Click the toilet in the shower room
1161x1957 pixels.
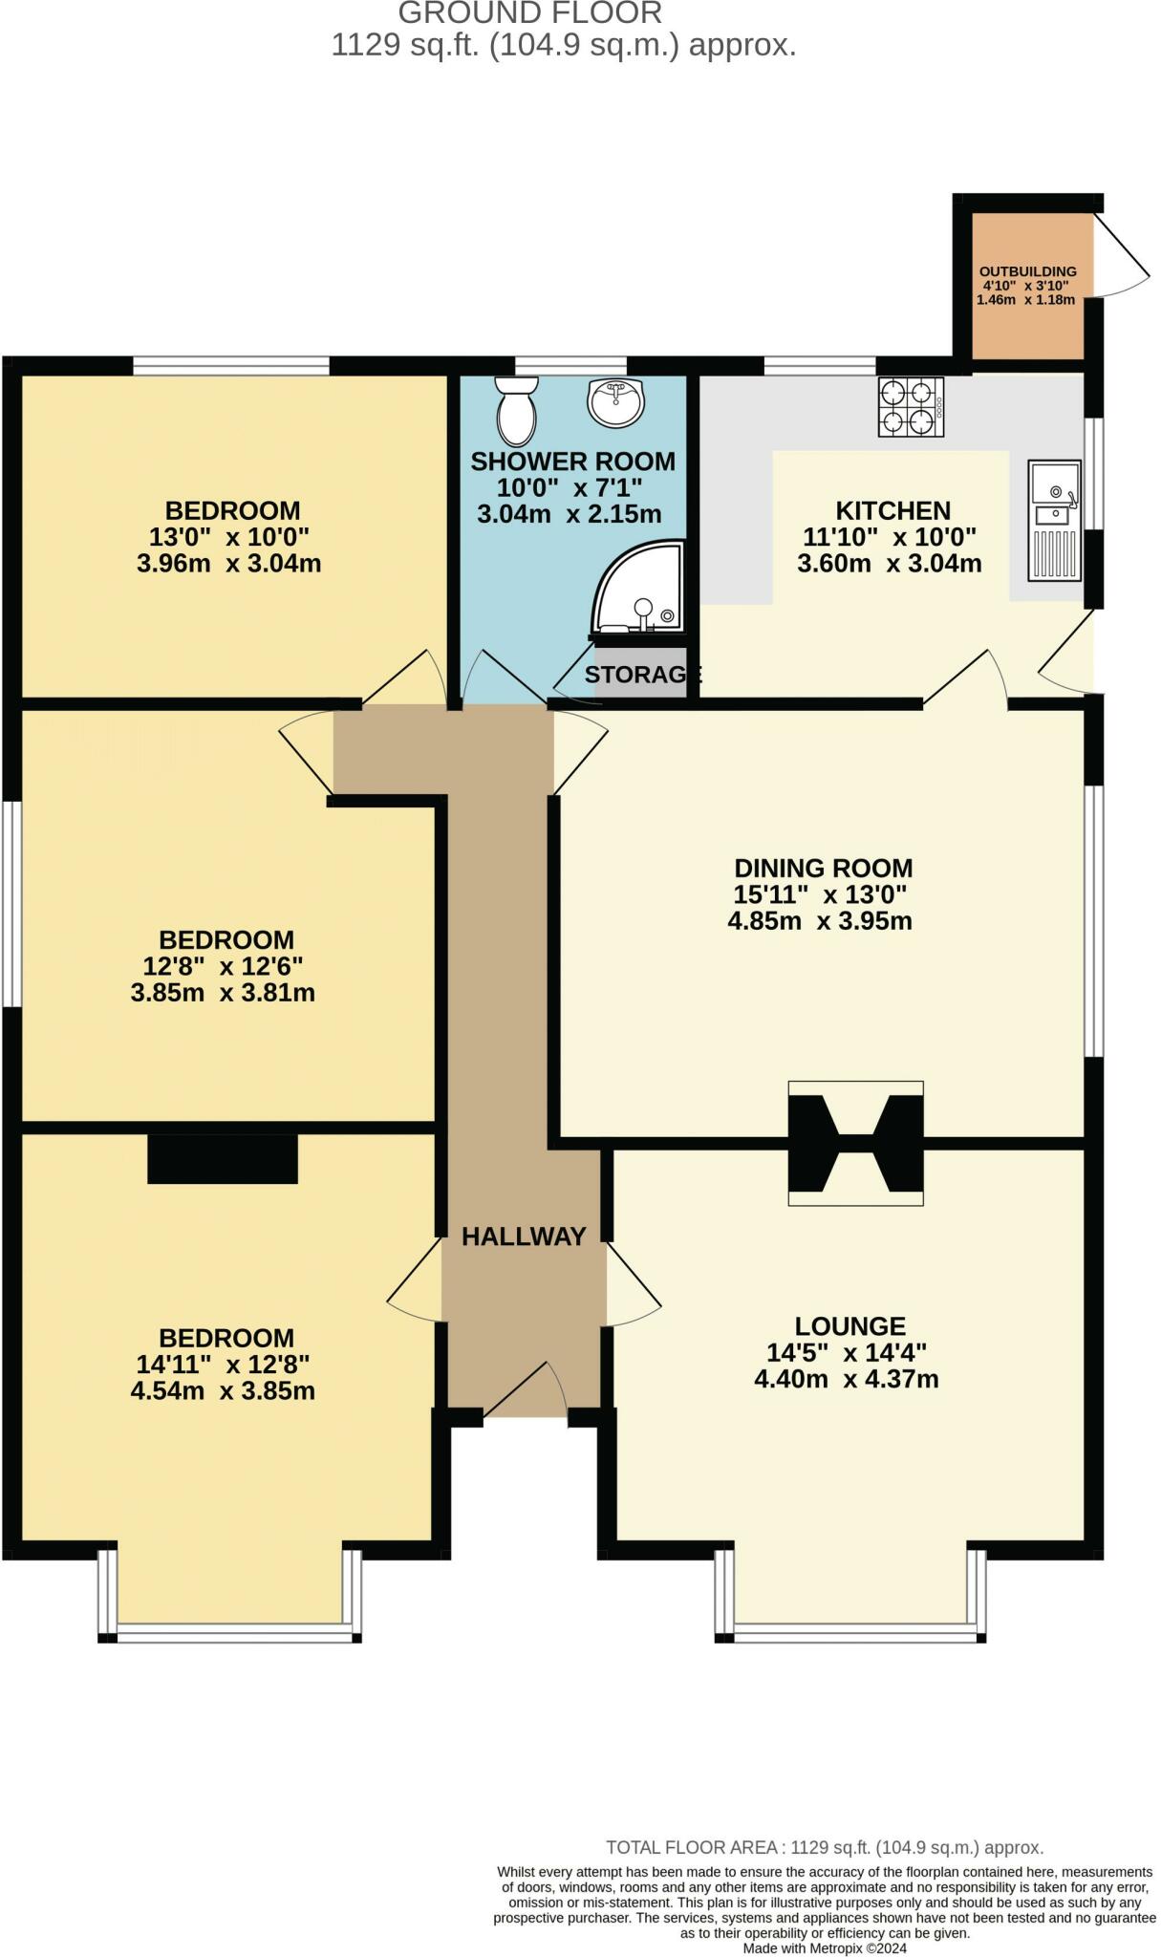tap(517, 413)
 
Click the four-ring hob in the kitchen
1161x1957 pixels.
tap(911, 407)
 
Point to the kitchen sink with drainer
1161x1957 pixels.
tap(1055, 521)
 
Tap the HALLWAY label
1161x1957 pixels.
tap(524, 1237)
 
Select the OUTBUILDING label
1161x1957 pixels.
tap(1027, 271)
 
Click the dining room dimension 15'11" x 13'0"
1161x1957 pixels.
tap(820, 895)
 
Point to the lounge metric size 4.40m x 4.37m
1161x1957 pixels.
tap(847, 1380)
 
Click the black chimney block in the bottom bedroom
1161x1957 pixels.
tap(223, 1159)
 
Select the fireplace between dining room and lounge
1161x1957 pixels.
tap(855, 1143)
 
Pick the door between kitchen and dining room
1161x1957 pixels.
tap(965, 678)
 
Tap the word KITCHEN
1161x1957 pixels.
tap(892, 510)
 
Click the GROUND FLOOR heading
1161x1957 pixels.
tap(530, 13)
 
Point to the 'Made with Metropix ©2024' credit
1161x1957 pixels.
tap(825, 1947)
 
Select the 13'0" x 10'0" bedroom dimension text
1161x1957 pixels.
tap(229, 537)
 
